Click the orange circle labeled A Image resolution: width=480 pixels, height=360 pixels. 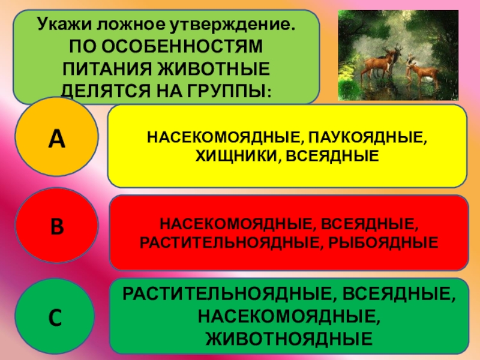point(56,138)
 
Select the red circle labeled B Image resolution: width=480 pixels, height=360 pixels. point(56,227)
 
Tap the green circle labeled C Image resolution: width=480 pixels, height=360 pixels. point(55,316)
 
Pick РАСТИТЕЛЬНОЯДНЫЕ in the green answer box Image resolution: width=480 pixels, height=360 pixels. point(217,295)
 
